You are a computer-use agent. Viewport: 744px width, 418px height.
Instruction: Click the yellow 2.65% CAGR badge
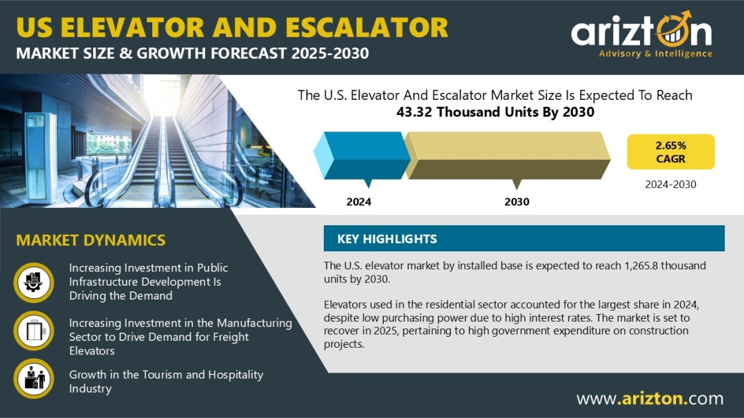670,151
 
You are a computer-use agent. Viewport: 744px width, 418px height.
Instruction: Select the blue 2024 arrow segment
362,156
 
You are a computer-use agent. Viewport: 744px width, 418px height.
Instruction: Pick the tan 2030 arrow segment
507,156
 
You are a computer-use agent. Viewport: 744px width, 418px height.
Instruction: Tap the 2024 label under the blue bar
359,202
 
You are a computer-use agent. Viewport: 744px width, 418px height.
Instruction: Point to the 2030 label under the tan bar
517,202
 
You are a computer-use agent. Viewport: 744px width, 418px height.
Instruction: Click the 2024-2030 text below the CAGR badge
670,185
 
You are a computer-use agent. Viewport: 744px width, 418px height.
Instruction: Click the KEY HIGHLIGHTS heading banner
524,238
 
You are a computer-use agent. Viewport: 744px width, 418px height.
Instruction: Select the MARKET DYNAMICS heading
91,240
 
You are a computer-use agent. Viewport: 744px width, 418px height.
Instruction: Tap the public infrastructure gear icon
34,282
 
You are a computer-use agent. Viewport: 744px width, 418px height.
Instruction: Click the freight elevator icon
34,331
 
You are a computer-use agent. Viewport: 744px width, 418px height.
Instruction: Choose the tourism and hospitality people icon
34,379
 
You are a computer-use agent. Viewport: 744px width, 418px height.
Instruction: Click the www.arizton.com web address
650,398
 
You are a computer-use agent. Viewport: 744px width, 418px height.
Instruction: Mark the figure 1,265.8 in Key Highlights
641,265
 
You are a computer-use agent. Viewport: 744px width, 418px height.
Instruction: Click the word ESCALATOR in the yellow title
366,27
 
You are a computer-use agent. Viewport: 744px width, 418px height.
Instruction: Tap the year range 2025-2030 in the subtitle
330,53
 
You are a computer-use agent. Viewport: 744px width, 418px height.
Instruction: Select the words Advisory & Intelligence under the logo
655,54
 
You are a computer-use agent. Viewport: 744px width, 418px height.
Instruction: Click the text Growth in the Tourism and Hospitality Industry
166,382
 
